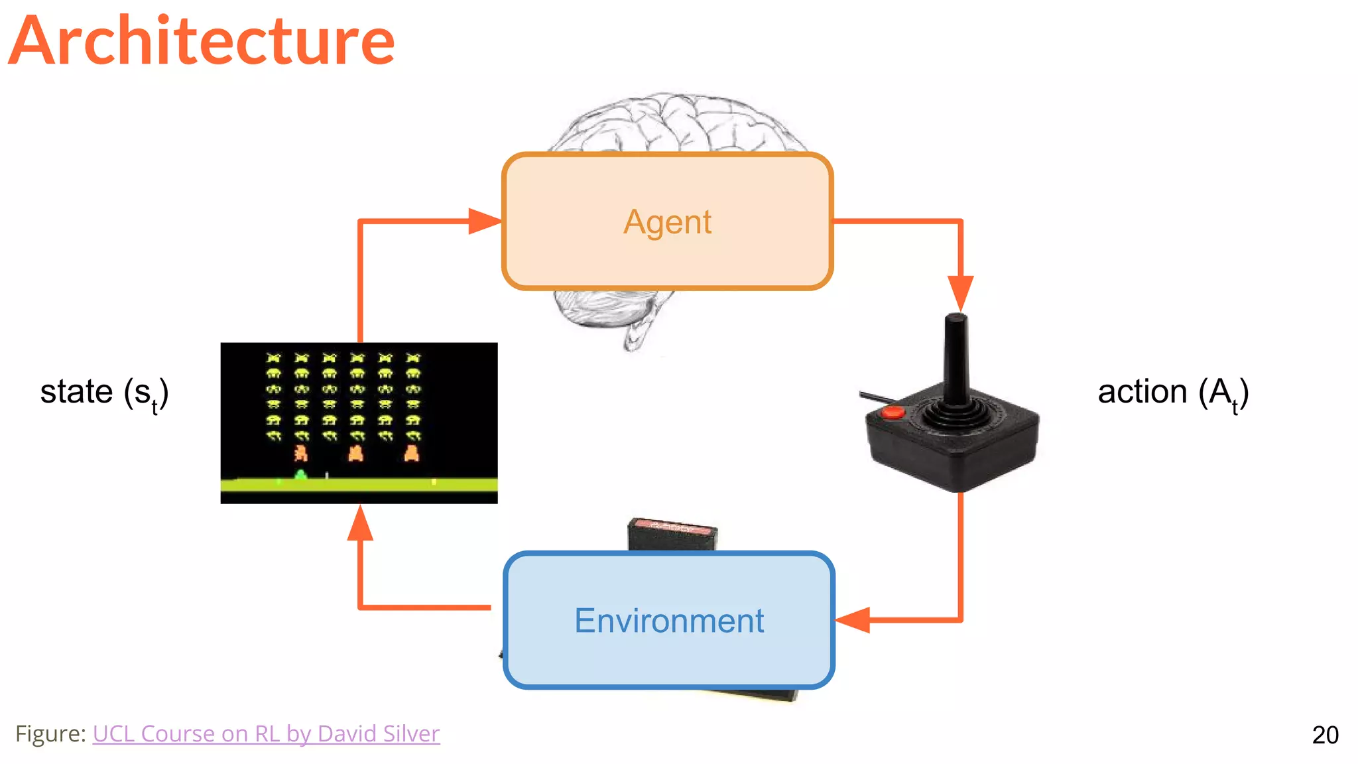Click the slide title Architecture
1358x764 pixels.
(202, 41)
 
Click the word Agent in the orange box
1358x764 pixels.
(667, 222)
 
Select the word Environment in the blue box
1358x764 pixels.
(668, 621)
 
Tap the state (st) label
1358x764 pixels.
(104, 392)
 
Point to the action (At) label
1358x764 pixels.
(1172, 392)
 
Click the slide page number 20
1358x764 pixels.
(1325, 735)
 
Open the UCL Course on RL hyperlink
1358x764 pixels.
(266, 733)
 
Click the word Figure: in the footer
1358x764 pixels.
(50, 733)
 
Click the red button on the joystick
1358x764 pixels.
(892, 413)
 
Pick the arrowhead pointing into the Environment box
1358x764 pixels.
(854, 620)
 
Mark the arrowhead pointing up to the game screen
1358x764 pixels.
(360, 524)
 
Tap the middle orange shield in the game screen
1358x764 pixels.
(355, 454)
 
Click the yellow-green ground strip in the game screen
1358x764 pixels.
(398, 485)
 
